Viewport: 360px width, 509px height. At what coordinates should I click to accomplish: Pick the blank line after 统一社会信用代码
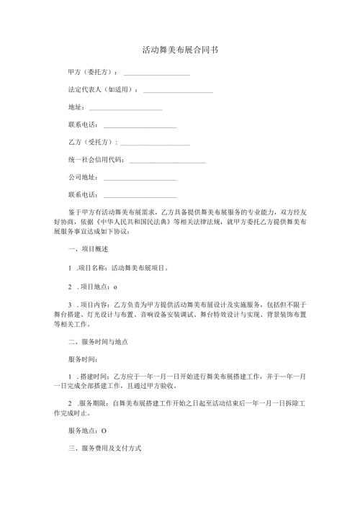pyautogui.click(x=167, y=161)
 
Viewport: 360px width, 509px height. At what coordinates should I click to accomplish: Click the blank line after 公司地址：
pyautogui.click(x=140, y=178)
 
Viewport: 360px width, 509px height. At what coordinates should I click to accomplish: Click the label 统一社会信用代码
pyautogui.click(x=96, y=161)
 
